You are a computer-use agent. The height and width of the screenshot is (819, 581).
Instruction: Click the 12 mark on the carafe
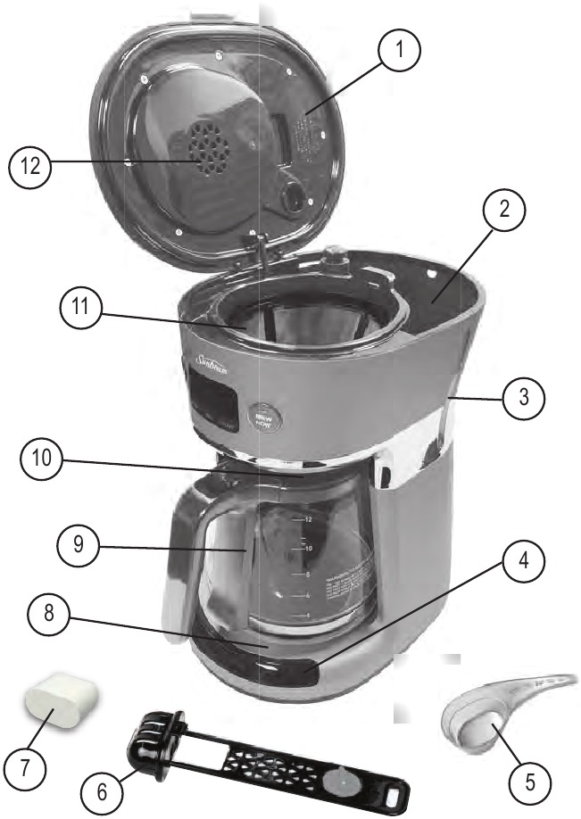click(x=307, y=519)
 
